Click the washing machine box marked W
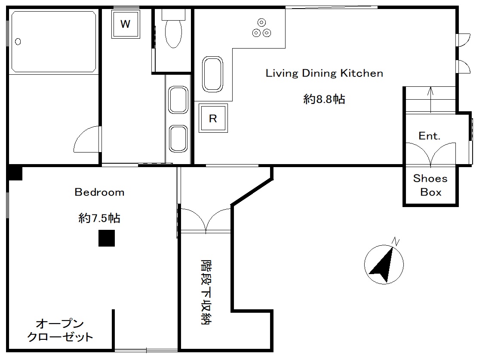(x=126, y=24)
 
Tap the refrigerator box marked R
(x=213, y=118)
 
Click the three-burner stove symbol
(x=261, y=28)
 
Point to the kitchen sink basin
(x=212, y=74)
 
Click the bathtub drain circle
(x=18, y=42)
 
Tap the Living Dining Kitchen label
(x=324, y=73)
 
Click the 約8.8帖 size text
(x=324, y=99)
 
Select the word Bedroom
(x=99, y=192)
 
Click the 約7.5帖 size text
(x=99, y=218)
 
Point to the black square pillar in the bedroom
(x=107, y=238)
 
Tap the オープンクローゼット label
(x=60, y=330)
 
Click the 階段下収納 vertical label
(x=206, y=292)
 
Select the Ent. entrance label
(x=429, y=136)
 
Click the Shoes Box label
(x=430, y=185)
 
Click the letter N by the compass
(x=396, y=242)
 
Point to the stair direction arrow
(x=431, y=100)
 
